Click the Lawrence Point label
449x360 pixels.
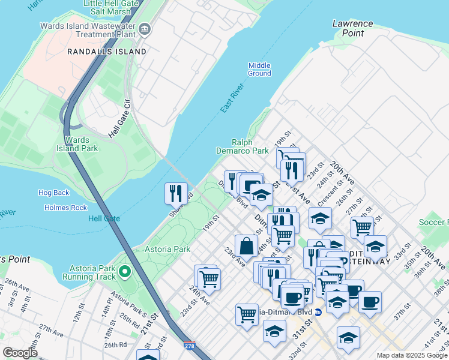[352, 28]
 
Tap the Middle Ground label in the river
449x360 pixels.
[259, 69]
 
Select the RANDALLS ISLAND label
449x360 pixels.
[107, 52]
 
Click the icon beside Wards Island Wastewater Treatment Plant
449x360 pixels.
[145, 29]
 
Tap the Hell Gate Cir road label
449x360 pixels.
[119, 118]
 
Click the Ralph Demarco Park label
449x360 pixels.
[243, 147]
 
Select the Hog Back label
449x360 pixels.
[54, 193]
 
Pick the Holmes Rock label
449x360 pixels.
[65, 208]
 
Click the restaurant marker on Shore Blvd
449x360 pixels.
[176, 193]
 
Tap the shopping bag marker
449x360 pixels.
[246, 245]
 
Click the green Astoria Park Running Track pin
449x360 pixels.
[125, 272]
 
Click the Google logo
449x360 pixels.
[20, 353]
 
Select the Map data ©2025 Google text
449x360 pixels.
[412, 356]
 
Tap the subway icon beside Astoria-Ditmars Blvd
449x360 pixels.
[318, 311]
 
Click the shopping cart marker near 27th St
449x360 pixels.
[362, 227]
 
